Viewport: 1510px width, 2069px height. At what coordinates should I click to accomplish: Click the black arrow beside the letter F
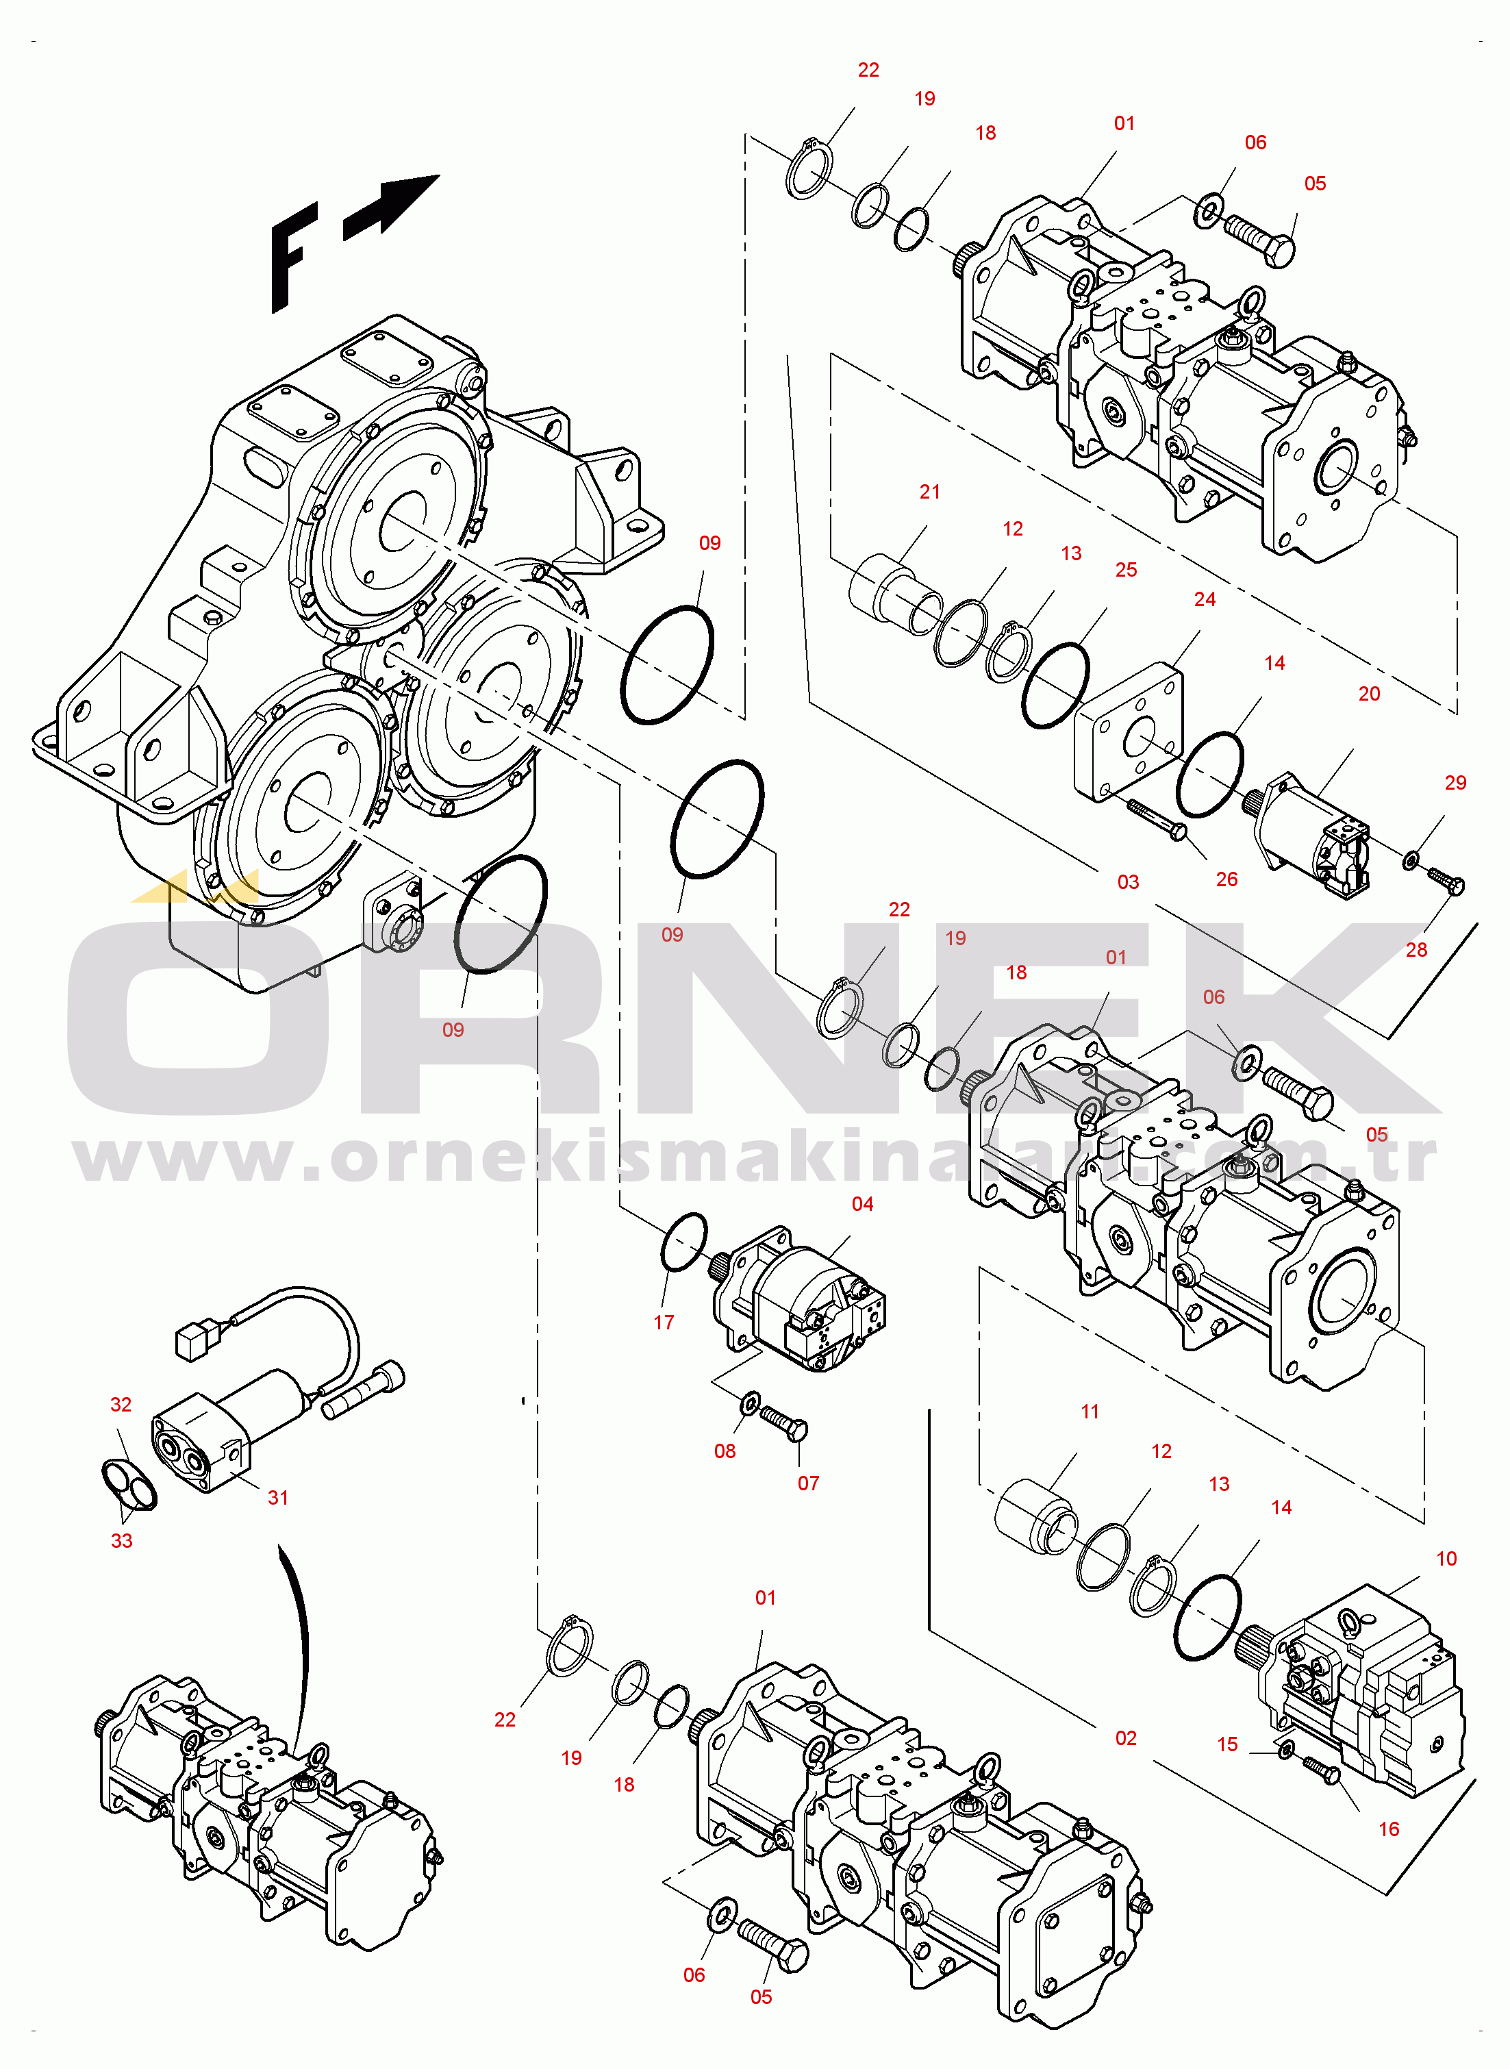[x=391, y=207]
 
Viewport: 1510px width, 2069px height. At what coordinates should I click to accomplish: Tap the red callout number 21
[x=929, y=492]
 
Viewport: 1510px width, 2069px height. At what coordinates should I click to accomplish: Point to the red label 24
[x=1205, y=599]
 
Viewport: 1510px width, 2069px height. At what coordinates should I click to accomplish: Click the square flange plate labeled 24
[x=1128, y=731]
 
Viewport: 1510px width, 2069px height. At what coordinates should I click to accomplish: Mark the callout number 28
[x=1416, y=949]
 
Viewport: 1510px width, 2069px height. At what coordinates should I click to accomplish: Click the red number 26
[x=1226, y=879]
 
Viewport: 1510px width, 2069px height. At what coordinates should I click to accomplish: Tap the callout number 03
[x=1128, y=882]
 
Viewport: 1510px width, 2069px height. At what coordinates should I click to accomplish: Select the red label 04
[x=862, y=1203]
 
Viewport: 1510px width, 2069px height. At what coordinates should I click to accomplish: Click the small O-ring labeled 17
[x=683, y=1241]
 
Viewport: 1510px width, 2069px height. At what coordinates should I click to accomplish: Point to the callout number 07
[x=808, y=1483]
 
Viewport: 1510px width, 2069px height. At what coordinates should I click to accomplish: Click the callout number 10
[x=1446, y=1558]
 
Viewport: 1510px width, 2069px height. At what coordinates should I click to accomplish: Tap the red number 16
[x=1388, y=1829]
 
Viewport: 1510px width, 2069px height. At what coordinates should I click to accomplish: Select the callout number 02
[x=1125, y=1738]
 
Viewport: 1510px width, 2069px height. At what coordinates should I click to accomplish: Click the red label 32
[x=121, y=1405]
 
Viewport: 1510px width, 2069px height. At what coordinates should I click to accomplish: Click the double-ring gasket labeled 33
[x=129, y=1484]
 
